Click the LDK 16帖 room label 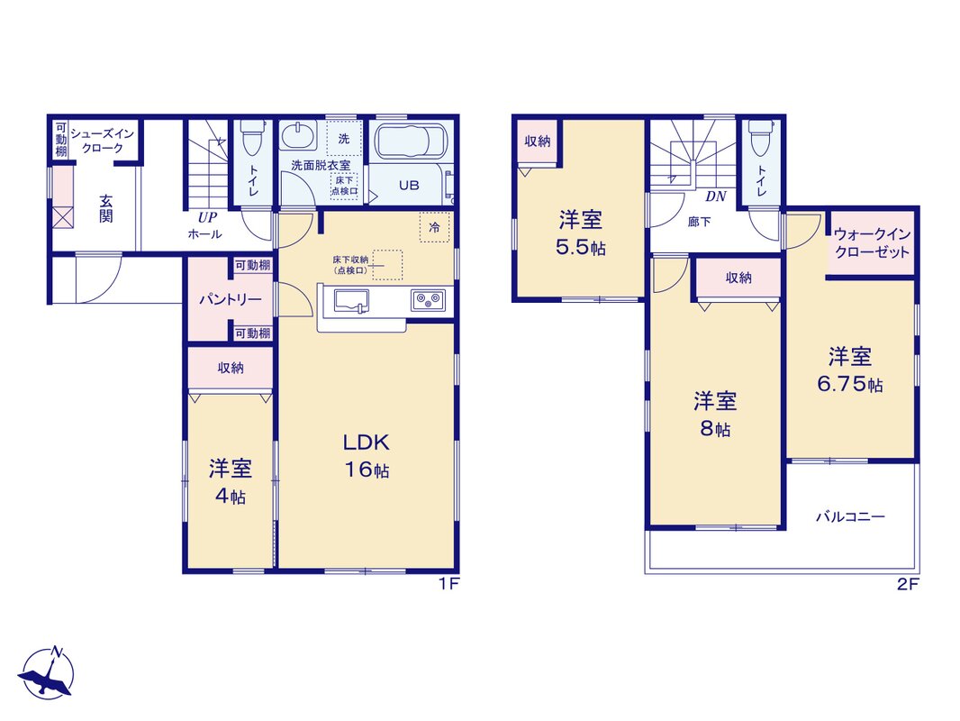click(x=366, y=455)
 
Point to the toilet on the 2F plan click(x=761, y=137)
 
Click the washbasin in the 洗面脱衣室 click(x=298, y=135)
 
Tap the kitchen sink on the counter click(x=351, y=301)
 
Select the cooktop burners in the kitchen click(x=428, y=300)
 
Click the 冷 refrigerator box click(x=434, y=227)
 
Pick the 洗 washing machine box click(x=343, y=139)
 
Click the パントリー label click(x=231, y=299)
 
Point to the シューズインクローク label click(x=103, y=141)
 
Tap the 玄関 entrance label click(x=106, y=208)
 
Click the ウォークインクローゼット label click(x=872, y=243)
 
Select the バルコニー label click(x=850, y=516)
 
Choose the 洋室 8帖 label click(x=714, y=415)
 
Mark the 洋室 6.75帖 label click(x=850, y=370)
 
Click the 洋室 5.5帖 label click(x=580, y=233)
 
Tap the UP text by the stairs click(x=206, y=217)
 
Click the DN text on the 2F click(x=715, y=196)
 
